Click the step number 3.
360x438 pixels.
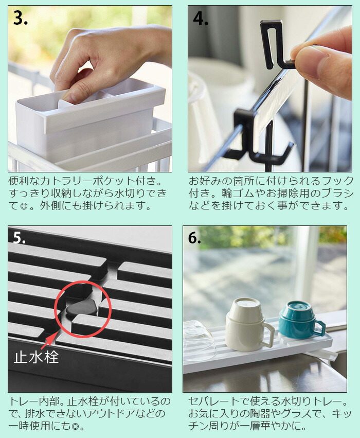tap(21, 19)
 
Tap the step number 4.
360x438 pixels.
tap(201, 19)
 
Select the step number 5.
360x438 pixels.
tap(19, 238)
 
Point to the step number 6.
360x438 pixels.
tap(194, 238)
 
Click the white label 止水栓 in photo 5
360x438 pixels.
tap(37, 357)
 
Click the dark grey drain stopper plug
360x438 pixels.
tap(82, 308)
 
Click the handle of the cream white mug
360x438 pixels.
tap(267, 335)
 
